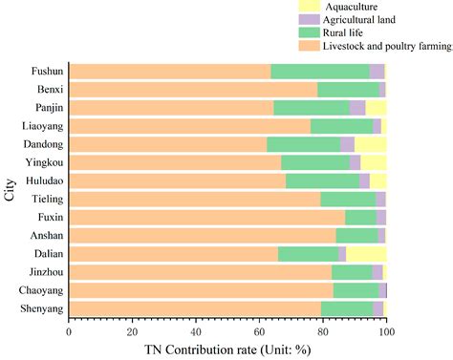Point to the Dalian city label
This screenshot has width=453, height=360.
click(48, 253)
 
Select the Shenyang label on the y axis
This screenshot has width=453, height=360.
click(41, 307)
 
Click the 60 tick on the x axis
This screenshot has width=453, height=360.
click(260, 330)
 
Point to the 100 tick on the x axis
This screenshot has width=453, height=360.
click(386, 330)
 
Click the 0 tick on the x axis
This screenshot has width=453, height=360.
click(69, 330)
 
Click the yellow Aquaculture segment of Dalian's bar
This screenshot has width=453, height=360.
click(366, 253)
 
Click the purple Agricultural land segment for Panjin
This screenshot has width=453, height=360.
click(357, 108)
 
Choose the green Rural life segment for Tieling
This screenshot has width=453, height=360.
click(348, 199)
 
